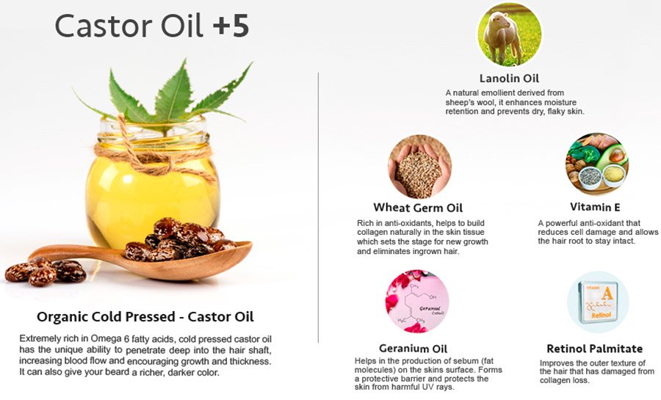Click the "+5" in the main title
point(231,26)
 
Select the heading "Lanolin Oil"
point(509,79)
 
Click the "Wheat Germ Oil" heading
point(418,208)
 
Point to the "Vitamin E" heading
point(595,207)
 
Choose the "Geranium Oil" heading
point(413,349)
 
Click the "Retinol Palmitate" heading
point(594,349)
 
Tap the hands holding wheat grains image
point(419,167)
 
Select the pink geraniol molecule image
point(417,302)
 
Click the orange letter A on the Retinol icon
point(607,293)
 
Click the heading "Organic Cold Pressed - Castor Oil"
point(145,316)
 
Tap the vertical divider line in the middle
point(318,207)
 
